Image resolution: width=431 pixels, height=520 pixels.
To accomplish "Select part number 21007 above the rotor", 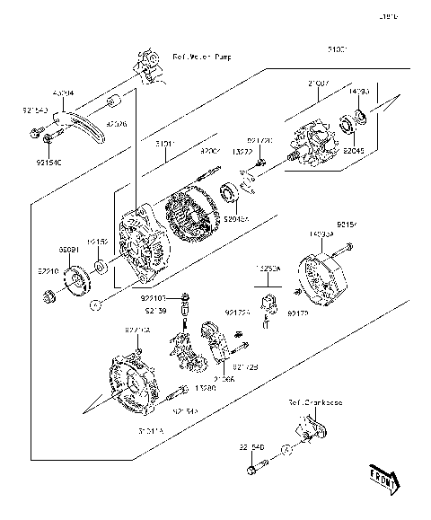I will (321, 84).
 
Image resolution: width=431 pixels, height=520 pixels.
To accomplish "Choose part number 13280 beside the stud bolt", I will (205, 389).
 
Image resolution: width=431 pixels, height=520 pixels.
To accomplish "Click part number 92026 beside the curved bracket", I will (118, 125).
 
